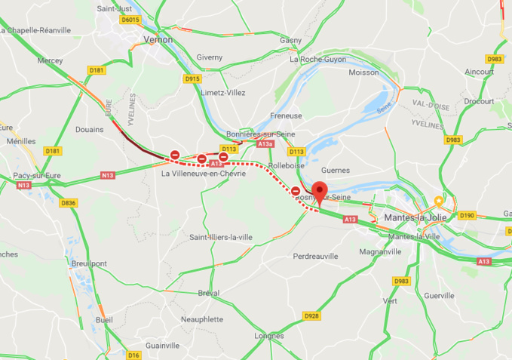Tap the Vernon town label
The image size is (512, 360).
click(x=157, y=39)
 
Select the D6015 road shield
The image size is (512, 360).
click(x=130, y=19)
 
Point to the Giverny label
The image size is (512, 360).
click(x=210, y=57)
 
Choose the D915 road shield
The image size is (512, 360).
click(x=192, y=78)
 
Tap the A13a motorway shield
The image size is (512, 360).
click(x=265, y=143)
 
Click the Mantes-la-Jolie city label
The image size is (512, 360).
click(x=415, y=217)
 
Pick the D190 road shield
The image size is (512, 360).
click(x=468, y=215)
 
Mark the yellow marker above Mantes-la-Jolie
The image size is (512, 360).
click(x=438, y=202)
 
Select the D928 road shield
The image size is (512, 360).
click(x=311, y=315)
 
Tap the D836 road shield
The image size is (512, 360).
click(x=69, y=202)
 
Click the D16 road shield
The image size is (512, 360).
click(x=133, y=354)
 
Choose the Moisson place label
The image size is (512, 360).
click(x=364, y=72)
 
